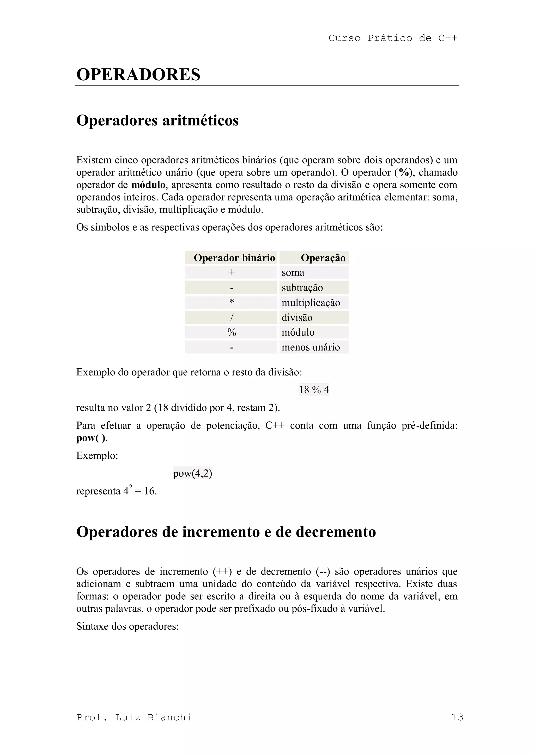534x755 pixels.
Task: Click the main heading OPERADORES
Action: coord(138,74)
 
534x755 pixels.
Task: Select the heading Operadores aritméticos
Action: coord(157,120)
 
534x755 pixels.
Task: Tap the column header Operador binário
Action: coord(234,258)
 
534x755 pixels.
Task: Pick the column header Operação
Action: coord(323,258)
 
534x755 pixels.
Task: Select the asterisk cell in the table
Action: coord(232,302)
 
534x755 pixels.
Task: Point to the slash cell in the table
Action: coord(232,317)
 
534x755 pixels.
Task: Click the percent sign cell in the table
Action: coord(232,332)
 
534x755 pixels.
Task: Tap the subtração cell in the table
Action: coord(302,288)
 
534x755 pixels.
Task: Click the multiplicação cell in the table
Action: coord(311,302)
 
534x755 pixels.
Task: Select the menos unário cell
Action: coord(311,347)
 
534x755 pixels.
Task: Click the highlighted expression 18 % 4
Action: coord(313,390)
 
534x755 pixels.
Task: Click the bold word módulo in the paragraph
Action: coord(148,185)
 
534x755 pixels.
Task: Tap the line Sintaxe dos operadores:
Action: coord(128,626)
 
